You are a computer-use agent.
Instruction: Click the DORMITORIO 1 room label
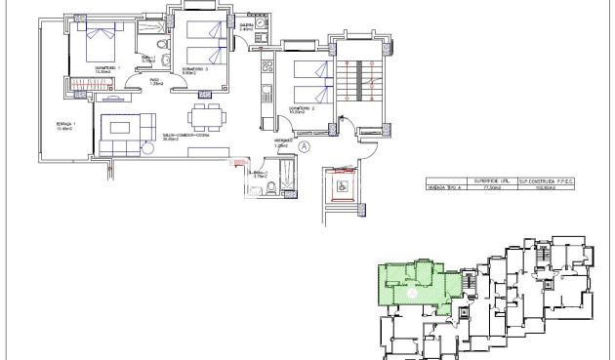click(102, 67)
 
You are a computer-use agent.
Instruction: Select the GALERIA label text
click(246, 26)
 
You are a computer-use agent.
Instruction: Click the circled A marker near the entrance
click(304, 146)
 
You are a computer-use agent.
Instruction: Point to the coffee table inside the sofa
click(124, 130)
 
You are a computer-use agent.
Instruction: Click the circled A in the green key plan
click(412, 291)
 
